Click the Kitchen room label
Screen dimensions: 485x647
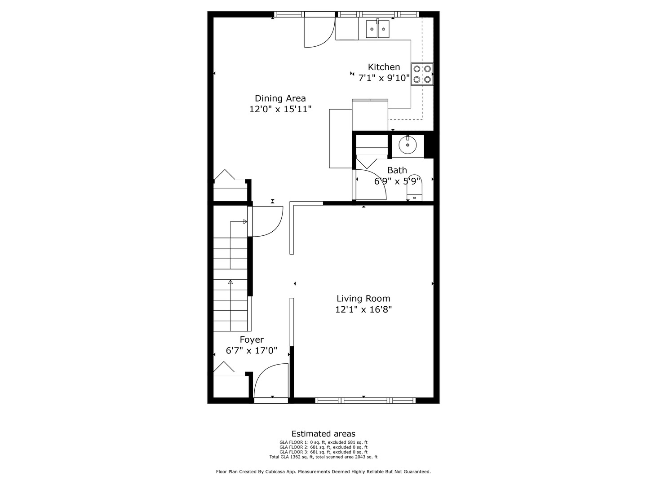click(x=384, y=67)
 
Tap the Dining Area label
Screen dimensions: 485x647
click(x=280, y=98)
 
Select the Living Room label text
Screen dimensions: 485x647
click(x=363, y=299)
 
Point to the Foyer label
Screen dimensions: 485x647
click(x=252, y=340)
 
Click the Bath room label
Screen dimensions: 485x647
click(x=397, y=171)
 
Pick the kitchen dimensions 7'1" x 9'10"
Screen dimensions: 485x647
click(x=384, y=78)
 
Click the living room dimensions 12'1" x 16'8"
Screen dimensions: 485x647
click(x=363, y=309)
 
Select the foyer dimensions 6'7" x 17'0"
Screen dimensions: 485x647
click(x=252, y=351)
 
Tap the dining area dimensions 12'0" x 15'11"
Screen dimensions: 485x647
click(x=280, y=109)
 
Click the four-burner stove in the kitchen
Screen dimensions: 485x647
click(x=422, y=74)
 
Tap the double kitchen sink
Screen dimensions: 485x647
click(x=377, y=30)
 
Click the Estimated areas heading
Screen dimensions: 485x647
click(x=323, y=434)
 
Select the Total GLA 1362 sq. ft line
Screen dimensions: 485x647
click(x=323, y=457)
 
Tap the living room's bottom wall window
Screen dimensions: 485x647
click(x=364, y=400)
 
